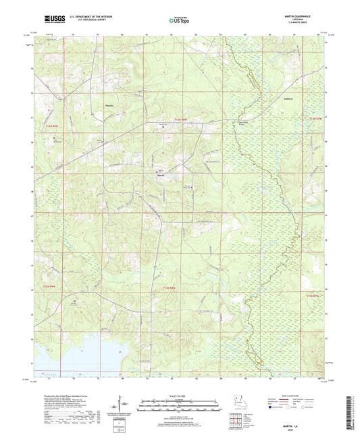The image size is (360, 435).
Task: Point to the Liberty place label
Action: coord(154,175)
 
